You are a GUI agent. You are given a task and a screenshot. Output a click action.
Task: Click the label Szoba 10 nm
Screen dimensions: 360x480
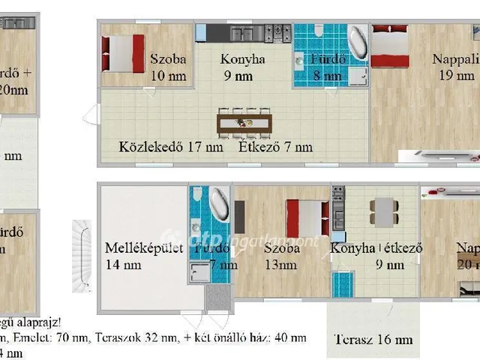click(167, 66)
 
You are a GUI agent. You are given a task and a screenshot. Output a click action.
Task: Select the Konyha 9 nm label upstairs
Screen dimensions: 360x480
click(242, 66)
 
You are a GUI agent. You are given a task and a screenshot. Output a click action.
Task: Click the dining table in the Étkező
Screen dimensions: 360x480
click(242, 121)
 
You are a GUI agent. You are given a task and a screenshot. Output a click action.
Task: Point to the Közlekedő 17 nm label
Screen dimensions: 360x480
click(171, 147)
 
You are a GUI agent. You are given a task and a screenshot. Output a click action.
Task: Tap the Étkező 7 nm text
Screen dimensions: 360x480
click(275, 147)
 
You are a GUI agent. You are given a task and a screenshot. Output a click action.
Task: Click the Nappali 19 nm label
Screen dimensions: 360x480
click(453, 66)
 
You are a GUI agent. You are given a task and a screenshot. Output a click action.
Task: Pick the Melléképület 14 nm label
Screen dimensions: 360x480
click(144, 256)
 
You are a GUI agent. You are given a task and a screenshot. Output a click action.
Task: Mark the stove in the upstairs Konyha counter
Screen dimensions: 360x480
click(281, 32)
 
